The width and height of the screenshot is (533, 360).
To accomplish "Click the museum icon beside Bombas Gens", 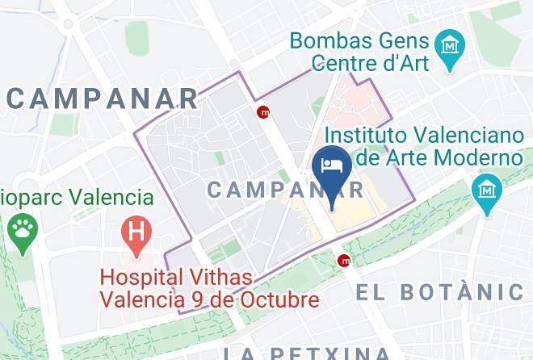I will coord(446,47).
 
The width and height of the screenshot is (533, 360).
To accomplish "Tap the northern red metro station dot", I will coord(263,112).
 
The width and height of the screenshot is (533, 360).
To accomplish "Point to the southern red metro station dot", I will coord(345,260).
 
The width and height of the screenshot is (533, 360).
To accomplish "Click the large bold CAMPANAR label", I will coord(102,98).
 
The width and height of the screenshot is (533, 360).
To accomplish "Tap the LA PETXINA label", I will coord(307,353).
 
